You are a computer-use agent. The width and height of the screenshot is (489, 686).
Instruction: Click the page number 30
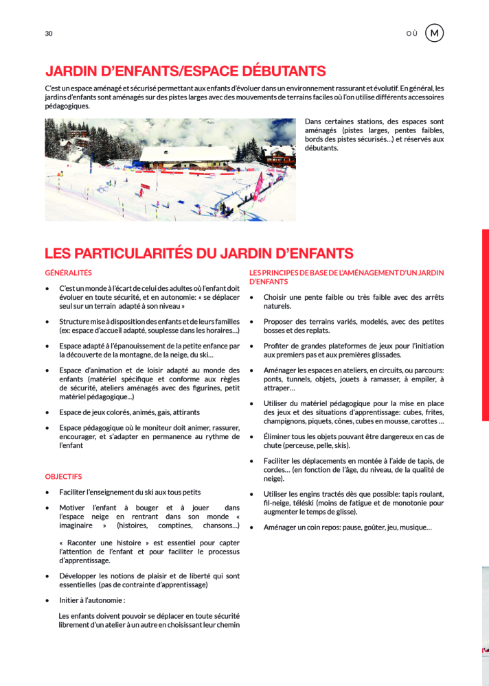click(49, 34)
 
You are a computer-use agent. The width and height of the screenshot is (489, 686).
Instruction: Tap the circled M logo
click(434, 33)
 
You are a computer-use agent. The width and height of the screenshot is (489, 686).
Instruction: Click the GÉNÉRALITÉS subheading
click(68, 273)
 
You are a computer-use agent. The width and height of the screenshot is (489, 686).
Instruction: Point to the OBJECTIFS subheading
click(63, 476)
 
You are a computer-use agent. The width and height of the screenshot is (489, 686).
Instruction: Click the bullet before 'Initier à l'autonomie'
click(47, 600)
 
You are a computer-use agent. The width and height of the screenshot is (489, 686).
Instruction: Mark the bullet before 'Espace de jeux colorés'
click(47, 412)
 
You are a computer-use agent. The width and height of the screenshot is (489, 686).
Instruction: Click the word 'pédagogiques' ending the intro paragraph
click(67, 106)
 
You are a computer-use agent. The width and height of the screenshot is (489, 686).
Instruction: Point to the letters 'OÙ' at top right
click(411, 34)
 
